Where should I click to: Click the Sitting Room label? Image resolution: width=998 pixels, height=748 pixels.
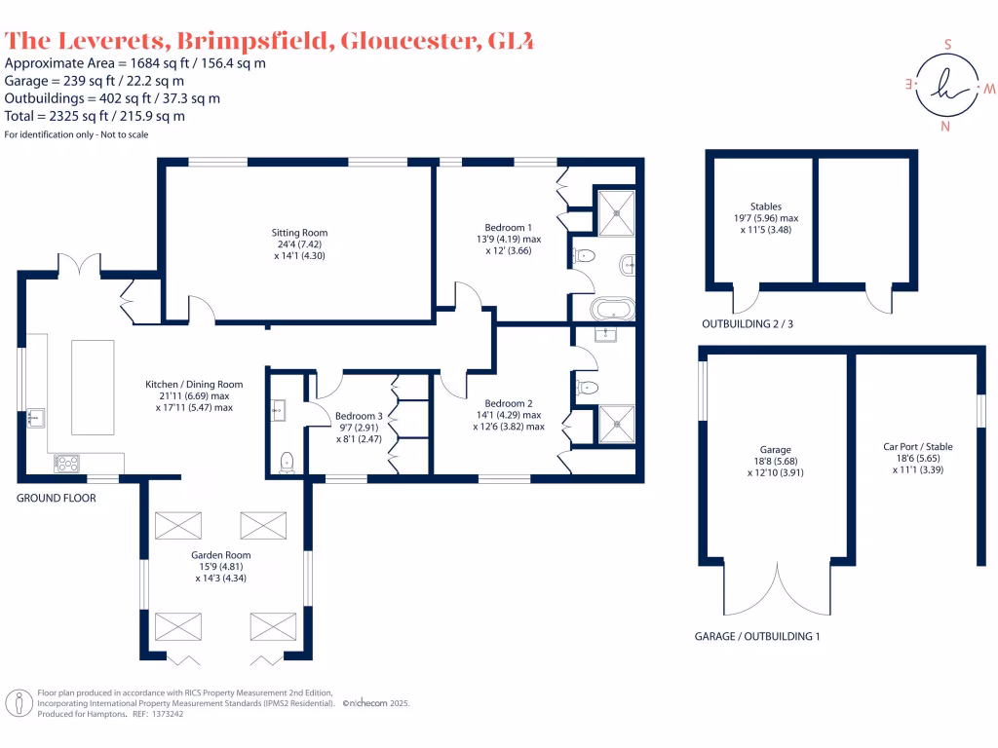tap(299, 233)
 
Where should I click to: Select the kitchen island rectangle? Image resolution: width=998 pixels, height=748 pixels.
tap(93, 388)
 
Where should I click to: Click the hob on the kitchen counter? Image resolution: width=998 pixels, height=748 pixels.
tap(67, 464)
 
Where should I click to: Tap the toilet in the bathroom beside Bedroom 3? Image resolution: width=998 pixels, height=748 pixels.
tap(287, 462)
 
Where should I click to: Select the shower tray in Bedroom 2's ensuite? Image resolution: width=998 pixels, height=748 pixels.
tap(615, 421)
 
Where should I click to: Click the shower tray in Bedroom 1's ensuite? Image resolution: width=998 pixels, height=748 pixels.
tap(615, 211)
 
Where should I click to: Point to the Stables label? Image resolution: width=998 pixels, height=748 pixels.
tap(766, 206)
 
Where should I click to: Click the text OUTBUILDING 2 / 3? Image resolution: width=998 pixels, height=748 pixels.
tap(747, 323)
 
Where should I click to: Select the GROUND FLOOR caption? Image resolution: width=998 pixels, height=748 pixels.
tap(57, 497)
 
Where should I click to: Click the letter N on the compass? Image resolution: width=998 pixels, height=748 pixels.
tap(943, 127)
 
